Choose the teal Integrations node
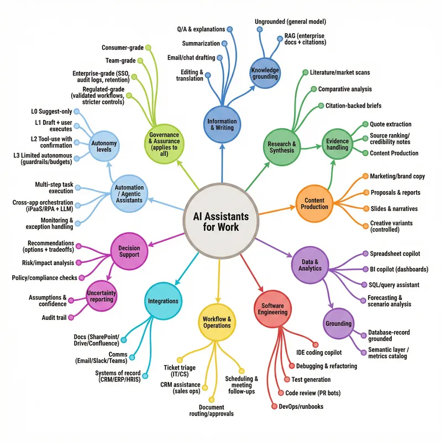click(163, 301)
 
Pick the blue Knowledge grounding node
click(265, 73)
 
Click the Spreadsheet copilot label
click(395, 254)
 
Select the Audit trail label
click(55, 318)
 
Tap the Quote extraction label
click(391, 124)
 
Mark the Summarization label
click(201, 43)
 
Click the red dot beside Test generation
click(287, 380)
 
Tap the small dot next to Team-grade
click(140, 60)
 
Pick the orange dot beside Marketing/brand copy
click(365, 176)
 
